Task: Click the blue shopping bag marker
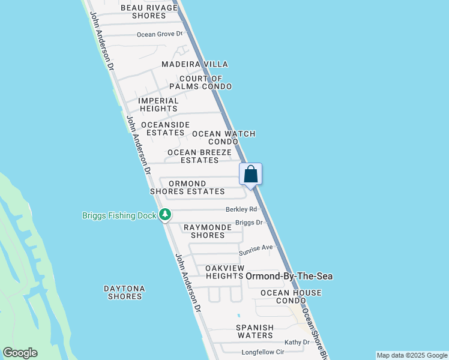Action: [x=251, y=175]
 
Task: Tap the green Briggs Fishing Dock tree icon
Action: [x=165, y=215]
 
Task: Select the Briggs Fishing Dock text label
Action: [x=119, y=215]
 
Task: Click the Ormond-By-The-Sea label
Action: [x=289, y=276]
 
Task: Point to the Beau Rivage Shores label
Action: [x=149, y=11]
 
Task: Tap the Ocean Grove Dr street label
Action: [x=159, y=34]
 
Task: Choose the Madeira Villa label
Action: [x=194, y=64]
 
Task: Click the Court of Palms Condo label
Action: [x=205, y=83]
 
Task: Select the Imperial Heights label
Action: [x=158, y=105]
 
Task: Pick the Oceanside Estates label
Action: [x=165, y=128]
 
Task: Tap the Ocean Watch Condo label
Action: [x=223, y=137]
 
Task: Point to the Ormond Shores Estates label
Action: [x=187, y=188]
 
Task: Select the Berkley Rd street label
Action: [x=241, y=209]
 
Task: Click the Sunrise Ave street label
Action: [x=256, y=247]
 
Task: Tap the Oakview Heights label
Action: [x=224, y=272]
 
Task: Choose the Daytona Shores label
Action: [x=123, y=292]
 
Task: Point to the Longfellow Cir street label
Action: [x=262, y=352]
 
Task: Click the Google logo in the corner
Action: [x=20, y=353]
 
